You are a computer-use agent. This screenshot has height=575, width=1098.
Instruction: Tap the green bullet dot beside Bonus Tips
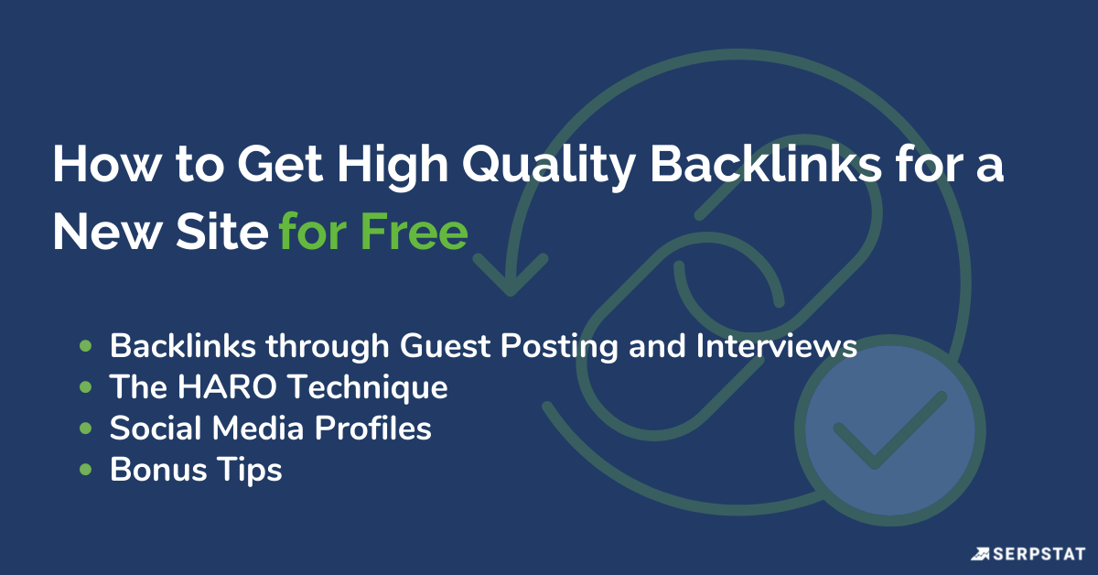86,471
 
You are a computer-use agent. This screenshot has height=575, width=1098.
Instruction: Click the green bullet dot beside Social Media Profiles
86,429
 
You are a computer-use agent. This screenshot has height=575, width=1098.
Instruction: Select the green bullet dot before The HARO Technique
86,387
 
